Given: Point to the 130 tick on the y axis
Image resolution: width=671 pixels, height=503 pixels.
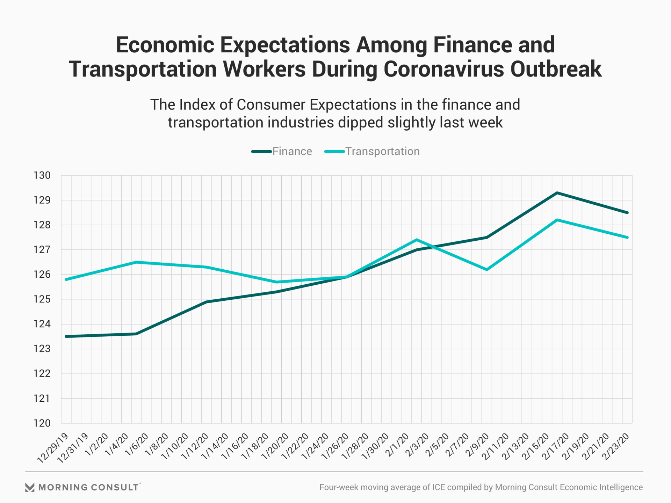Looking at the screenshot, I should tap(42, 175).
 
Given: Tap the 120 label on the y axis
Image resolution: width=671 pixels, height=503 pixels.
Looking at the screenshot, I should tap(42, 423).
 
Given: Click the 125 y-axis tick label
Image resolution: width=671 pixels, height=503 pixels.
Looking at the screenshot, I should tap(42, 299).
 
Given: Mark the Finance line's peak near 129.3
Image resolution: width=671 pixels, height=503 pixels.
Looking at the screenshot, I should tap(557, 193).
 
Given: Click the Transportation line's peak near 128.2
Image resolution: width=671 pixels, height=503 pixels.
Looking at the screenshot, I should tap(557, 220).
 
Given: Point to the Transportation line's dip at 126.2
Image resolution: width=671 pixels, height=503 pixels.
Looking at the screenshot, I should tap(486, 270).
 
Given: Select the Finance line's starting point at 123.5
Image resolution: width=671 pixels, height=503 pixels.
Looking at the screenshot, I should tap(66, 336).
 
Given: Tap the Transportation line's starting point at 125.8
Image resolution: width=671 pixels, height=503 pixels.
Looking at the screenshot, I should tap(66, 279).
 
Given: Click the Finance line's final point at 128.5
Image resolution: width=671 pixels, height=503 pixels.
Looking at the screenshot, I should tap(627, 212).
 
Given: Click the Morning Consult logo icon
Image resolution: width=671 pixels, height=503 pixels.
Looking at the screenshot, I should tap(30, 487).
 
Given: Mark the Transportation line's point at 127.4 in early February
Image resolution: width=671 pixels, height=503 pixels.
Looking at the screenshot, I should tap(416, 240).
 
